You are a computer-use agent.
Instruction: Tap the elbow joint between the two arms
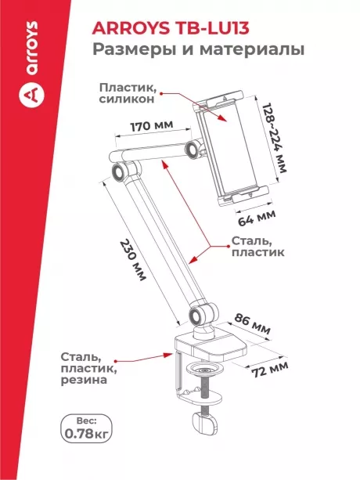click(x=120, y=172)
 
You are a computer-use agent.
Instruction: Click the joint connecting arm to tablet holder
click(x=192, y=149)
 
